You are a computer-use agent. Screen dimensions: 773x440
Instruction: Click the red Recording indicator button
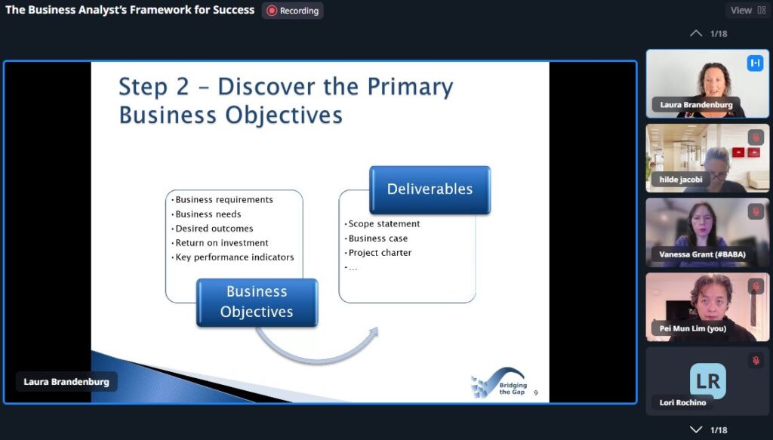pos(292,11)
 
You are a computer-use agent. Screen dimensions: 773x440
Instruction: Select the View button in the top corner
pos(747,11)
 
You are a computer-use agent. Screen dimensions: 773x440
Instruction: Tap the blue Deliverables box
pos(430,189)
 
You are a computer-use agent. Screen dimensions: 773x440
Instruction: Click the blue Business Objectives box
pos(257,302)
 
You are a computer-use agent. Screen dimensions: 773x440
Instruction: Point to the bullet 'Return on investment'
pos(222,243)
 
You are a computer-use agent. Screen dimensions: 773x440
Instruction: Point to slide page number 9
pos(536,392)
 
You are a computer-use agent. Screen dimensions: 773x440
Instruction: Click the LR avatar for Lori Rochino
pos(708,380)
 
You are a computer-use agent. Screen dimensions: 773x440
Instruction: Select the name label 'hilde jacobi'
pos(681,180)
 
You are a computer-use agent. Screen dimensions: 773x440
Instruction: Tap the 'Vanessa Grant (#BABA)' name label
pos(702,254)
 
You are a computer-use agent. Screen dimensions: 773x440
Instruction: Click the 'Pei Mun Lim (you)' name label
pos(693,328)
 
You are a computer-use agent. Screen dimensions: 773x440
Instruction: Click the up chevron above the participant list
pos(696,33)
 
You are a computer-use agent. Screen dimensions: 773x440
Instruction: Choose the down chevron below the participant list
pos(696,429)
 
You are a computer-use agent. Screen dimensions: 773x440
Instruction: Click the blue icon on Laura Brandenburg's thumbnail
pos(755,63)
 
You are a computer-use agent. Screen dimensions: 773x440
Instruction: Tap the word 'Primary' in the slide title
pos(410,87)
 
